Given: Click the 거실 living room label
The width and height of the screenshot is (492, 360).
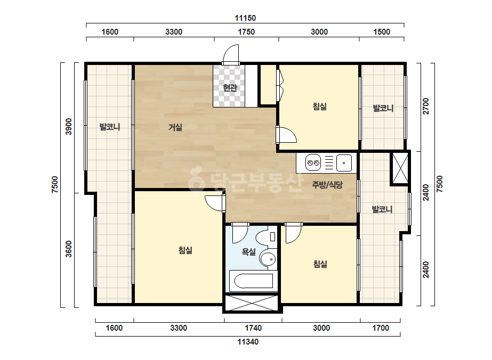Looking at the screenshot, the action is tap(175, 127).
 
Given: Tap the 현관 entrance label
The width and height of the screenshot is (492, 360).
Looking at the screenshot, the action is tap(230, 87).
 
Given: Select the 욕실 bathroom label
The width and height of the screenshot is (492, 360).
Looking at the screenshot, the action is tap(249, 251).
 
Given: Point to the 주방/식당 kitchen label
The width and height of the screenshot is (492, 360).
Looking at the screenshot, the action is tap(327, 185).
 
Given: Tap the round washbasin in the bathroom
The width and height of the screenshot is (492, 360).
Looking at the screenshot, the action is tap(268, 259).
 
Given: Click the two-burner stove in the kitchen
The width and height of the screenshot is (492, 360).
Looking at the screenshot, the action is tap(313, 163).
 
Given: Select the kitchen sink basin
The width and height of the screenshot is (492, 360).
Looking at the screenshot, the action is tap(344, 163).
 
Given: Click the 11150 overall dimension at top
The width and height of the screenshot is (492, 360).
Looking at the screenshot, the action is tap(245, 18).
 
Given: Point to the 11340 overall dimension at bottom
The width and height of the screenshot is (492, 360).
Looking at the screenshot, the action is tap(248, 342).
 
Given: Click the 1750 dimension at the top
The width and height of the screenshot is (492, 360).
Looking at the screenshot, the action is tap(246, 32).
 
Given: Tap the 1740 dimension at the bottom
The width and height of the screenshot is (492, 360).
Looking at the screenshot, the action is tap(253, 328).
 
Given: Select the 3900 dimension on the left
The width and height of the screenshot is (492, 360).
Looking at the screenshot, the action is tap(68, 126).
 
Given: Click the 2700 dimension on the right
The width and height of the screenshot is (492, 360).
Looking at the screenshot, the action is tap(426, 106).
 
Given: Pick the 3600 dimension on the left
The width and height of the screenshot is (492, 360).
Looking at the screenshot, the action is tap(68, 249).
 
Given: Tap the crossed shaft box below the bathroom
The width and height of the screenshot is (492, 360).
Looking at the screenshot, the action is tap(252, 303).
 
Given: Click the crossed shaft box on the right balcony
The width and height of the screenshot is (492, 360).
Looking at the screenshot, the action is tap(400, 168).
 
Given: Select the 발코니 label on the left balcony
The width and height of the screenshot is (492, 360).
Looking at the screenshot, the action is tap(110, 127).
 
